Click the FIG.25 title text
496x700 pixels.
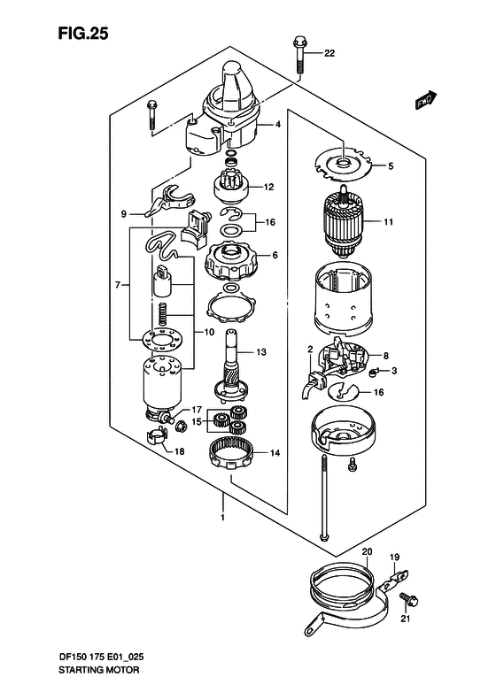tap(83, 33)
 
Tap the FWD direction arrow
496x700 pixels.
tap(425, 100)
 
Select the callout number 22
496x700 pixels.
tap(329, 53)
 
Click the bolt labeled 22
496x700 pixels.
tap(298, 56)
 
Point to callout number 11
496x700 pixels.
tap(388, 221)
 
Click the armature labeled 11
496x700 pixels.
tap(343, 222)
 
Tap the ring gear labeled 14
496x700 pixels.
tap(232, 453)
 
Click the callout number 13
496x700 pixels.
tap(261, 352)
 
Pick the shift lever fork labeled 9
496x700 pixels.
tap(170, 202)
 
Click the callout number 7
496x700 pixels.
tap(118, 284)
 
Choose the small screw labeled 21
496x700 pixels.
tap(408, 599)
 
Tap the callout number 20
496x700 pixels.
tap(367, 552)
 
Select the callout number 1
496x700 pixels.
tap(222, 518)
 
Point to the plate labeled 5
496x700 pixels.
tap(343, 165)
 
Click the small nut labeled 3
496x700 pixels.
tap(373, 372)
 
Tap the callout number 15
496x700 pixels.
tap(197, 421)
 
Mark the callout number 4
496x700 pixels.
tap(278, 125)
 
